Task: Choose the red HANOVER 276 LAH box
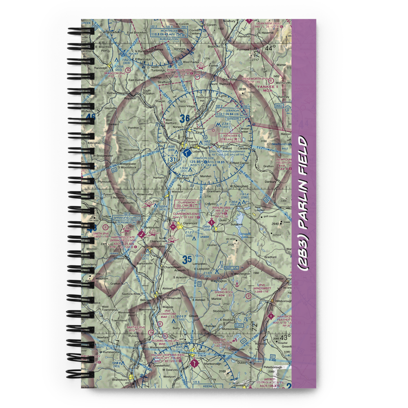pos(231,137)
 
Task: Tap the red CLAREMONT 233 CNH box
pos(187,204)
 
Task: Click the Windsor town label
pos(177,191)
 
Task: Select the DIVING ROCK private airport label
pos(224,292)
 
